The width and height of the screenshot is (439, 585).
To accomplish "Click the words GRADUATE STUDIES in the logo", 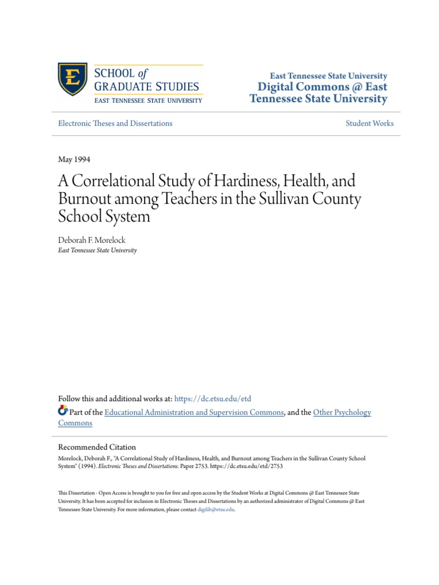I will (146, 87).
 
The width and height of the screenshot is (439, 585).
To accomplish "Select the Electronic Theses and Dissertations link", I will (115, 123).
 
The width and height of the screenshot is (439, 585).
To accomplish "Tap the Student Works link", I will (369, 123).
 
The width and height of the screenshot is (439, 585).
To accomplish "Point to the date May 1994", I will (74, 159).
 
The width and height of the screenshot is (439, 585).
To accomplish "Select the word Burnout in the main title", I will (81, 200).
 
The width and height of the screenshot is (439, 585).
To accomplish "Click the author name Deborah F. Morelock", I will (91, 241).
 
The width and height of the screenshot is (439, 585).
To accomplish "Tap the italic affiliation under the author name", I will (97, 250).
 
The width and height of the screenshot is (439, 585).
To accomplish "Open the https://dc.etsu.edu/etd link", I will (212, 399).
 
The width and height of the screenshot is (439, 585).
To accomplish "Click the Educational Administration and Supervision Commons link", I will (194, 412).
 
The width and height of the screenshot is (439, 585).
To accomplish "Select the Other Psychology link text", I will (342, 412).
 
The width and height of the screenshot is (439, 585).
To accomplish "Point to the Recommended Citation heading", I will (97, 447).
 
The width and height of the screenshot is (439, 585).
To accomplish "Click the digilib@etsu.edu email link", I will (215, 510).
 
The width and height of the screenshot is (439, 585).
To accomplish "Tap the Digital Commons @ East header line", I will (323, 87).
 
